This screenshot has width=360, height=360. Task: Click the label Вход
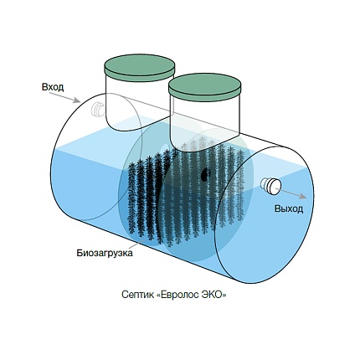click(53, 87)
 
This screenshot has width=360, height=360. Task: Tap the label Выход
click(289, 208)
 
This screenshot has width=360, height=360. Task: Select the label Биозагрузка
click(105, 253)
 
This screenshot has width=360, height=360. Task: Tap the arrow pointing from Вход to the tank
click(64, 97)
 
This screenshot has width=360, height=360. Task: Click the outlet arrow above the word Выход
click(291, 193)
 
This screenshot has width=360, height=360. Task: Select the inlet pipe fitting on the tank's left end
click(98, 109)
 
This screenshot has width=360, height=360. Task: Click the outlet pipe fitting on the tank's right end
click(270, 186)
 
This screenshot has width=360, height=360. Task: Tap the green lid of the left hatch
click(140, 68)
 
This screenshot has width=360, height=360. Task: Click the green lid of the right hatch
click(205, 86)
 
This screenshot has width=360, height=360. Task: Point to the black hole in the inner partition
click(204, 174)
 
